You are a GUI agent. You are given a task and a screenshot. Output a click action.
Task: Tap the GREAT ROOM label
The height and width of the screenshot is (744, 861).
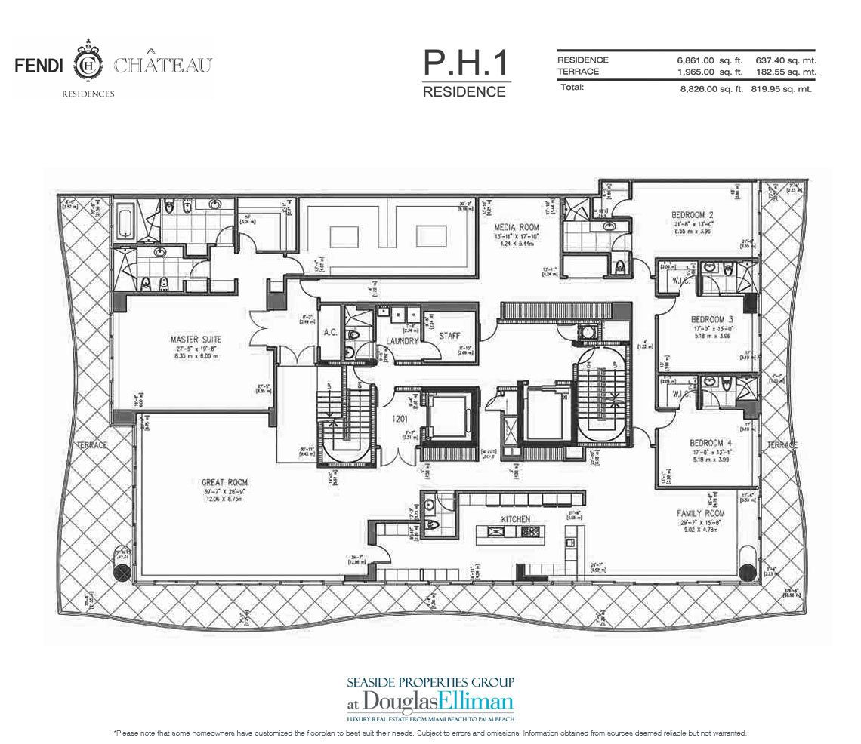coord(224,482)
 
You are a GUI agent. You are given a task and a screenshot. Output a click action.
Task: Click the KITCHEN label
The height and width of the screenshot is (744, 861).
coord(514,519)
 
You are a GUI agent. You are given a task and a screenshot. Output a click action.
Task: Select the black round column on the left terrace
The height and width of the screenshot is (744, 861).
coord(122,571)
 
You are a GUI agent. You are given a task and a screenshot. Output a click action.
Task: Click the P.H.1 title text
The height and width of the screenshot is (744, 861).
coord(464,64)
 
